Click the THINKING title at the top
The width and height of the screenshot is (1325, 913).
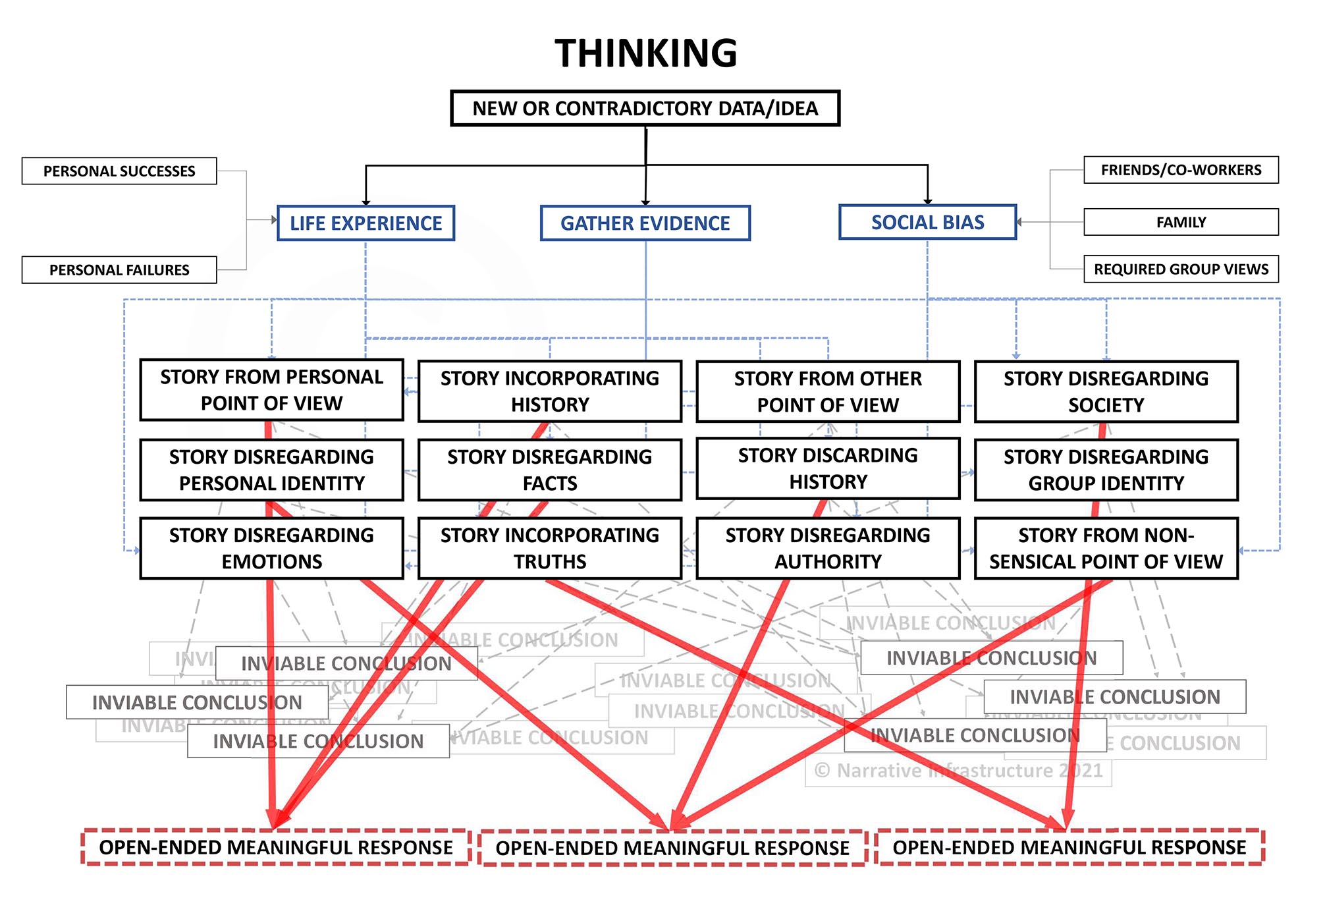[x=645, y=53]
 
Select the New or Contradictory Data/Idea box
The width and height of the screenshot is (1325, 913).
[x=645, y=108]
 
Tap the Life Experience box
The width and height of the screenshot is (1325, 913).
[x=366, y=223]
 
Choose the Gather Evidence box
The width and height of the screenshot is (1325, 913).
[x=645, y=223]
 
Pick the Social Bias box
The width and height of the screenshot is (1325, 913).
[x=927, y=222]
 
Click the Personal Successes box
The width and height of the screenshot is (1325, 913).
[x=119, y=171]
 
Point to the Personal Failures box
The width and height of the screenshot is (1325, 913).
[x=119, y=270]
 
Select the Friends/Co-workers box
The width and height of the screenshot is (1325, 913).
[x=1181, y=170]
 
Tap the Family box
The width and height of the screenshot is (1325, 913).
[x=1181, y=223]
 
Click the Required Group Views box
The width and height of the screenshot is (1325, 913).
[x=1181, y=269]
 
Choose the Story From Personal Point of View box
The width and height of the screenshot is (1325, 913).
[x=271, y=390]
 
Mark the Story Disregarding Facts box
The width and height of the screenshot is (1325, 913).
[x=550, y=470]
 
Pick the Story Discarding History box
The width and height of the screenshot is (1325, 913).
[x=828, y=468]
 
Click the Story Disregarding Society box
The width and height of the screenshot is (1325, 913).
[x=1106, y=391]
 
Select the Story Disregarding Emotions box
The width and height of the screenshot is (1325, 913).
[x=271, y=548]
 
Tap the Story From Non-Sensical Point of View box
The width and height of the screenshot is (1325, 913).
[x=1106, y=548]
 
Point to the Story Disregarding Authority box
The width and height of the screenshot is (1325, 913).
[x=828, y=548]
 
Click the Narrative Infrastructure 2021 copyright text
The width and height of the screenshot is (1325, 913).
[x=958, y=771]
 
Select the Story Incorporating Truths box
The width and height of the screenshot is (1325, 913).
[x=550, y=548]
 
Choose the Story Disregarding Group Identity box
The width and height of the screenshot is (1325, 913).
[x=1106, y=470]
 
